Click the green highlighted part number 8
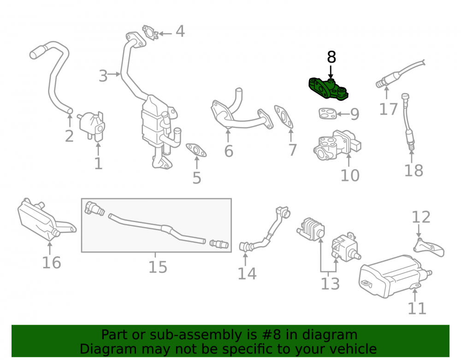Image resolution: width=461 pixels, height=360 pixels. click(x=328, y=89)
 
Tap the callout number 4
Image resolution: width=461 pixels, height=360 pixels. click(x=180, y=31)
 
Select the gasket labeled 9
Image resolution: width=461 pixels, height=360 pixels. click(x=327, y=113)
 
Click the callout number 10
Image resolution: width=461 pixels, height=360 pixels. click(x=350, y=176)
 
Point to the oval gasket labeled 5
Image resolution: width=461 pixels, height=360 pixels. click(x=196, y=150)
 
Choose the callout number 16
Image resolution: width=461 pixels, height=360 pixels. click(x=52, y=262)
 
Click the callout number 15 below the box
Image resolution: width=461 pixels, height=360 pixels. click(x=158, y=267)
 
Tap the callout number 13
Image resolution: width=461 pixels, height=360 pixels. click(x=330, y=284)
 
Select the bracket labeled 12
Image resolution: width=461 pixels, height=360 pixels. click(x=429, y=247)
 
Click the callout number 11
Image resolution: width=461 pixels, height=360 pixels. click(x=417, y=308)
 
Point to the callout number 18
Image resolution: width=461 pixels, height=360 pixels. click(x=414, y=171)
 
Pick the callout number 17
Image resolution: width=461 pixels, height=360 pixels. click(x=388, y=109)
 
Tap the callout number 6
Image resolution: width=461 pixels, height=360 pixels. click(x=229, y=151)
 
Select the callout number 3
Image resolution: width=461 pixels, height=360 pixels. click(x=103, y=76)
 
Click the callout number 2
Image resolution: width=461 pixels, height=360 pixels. click(x=69, y=136)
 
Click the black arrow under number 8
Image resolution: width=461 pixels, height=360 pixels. click(x=331, y=72)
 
